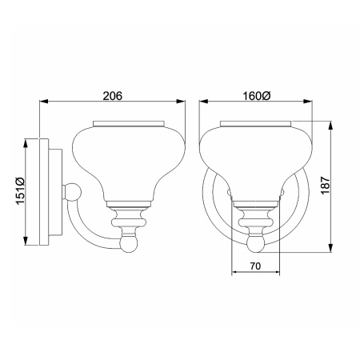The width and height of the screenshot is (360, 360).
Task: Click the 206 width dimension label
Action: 112,95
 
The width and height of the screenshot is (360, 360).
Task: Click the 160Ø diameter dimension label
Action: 256,95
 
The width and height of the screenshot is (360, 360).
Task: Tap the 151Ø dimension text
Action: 21,190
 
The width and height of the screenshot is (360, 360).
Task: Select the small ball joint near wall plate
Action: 73,192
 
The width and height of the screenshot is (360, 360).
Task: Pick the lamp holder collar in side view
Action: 128,214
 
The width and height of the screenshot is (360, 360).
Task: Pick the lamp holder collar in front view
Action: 256,214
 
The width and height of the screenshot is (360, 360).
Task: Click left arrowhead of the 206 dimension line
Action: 43,102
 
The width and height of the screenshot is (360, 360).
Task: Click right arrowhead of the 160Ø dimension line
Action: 311,102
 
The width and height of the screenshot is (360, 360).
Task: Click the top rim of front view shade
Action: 256,124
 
